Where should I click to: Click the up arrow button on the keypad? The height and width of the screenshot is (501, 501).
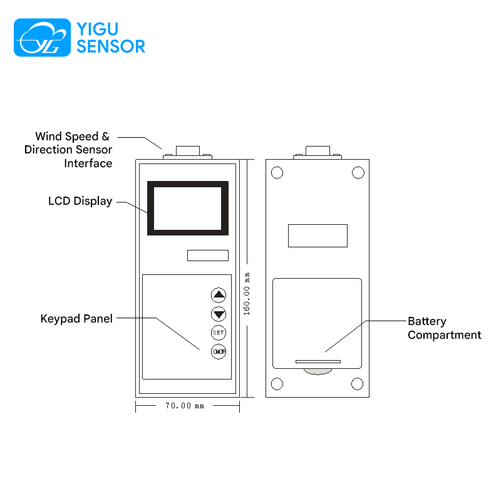pyautogui.click(x=219, y=295)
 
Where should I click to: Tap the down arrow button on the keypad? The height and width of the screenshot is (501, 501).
pyautogui.click(x=219, y=314)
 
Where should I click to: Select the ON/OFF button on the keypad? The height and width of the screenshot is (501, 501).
pyautogui.click(x=219, y=352)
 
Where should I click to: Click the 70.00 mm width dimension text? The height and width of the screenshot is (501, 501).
pyautogui.click(x=185, y=406)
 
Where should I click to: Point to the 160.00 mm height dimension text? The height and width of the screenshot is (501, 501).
pyautogui.click(x=246, y=294)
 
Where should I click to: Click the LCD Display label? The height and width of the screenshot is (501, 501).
pyautogui.click(x=80, y=201)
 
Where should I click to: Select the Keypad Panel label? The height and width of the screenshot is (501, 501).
pyautogui.click(x=76, y=319)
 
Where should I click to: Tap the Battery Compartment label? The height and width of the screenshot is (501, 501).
pyautogui.click(x=445, y=328)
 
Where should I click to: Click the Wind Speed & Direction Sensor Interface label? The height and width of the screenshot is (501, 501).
pyautogui.click(x=68, y=150)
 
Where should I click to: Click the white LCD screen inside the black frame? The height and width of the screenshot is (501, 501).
pyautogui.click(x=187, y=209)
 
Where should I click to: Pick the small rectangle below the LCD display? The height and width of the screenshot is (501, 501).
pyautogui.click(x=208, y=256)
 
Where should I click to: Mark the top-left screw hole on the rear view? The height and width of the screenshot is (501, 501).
pyautogui.click(x=277, y=173)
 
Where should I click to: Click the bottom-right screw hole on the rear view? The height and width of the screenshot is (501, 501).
pyautogui.click(x=357, y=384)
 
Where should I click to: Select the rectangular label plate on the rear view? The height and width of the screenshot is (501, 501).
pyautogui.click(x=318, y=236)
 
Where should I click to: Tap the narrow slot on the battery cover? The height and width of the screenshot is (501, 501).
pyautogui.click(x=318, y=362)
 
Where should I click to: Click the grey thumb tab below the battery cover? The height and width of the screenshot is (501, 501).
pyautogui.click(x=318, y=371)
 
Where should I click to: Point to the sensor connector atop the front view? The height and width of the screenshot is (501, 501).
pyautogui.click(x=187, y=153)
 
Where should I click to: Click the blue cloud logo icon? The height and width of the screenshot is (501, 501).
pyautogui.click(x=42, y=38)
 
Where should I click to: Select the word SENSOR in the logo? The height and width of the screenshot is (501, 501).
pyautogui.click(x=111, y=46)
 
